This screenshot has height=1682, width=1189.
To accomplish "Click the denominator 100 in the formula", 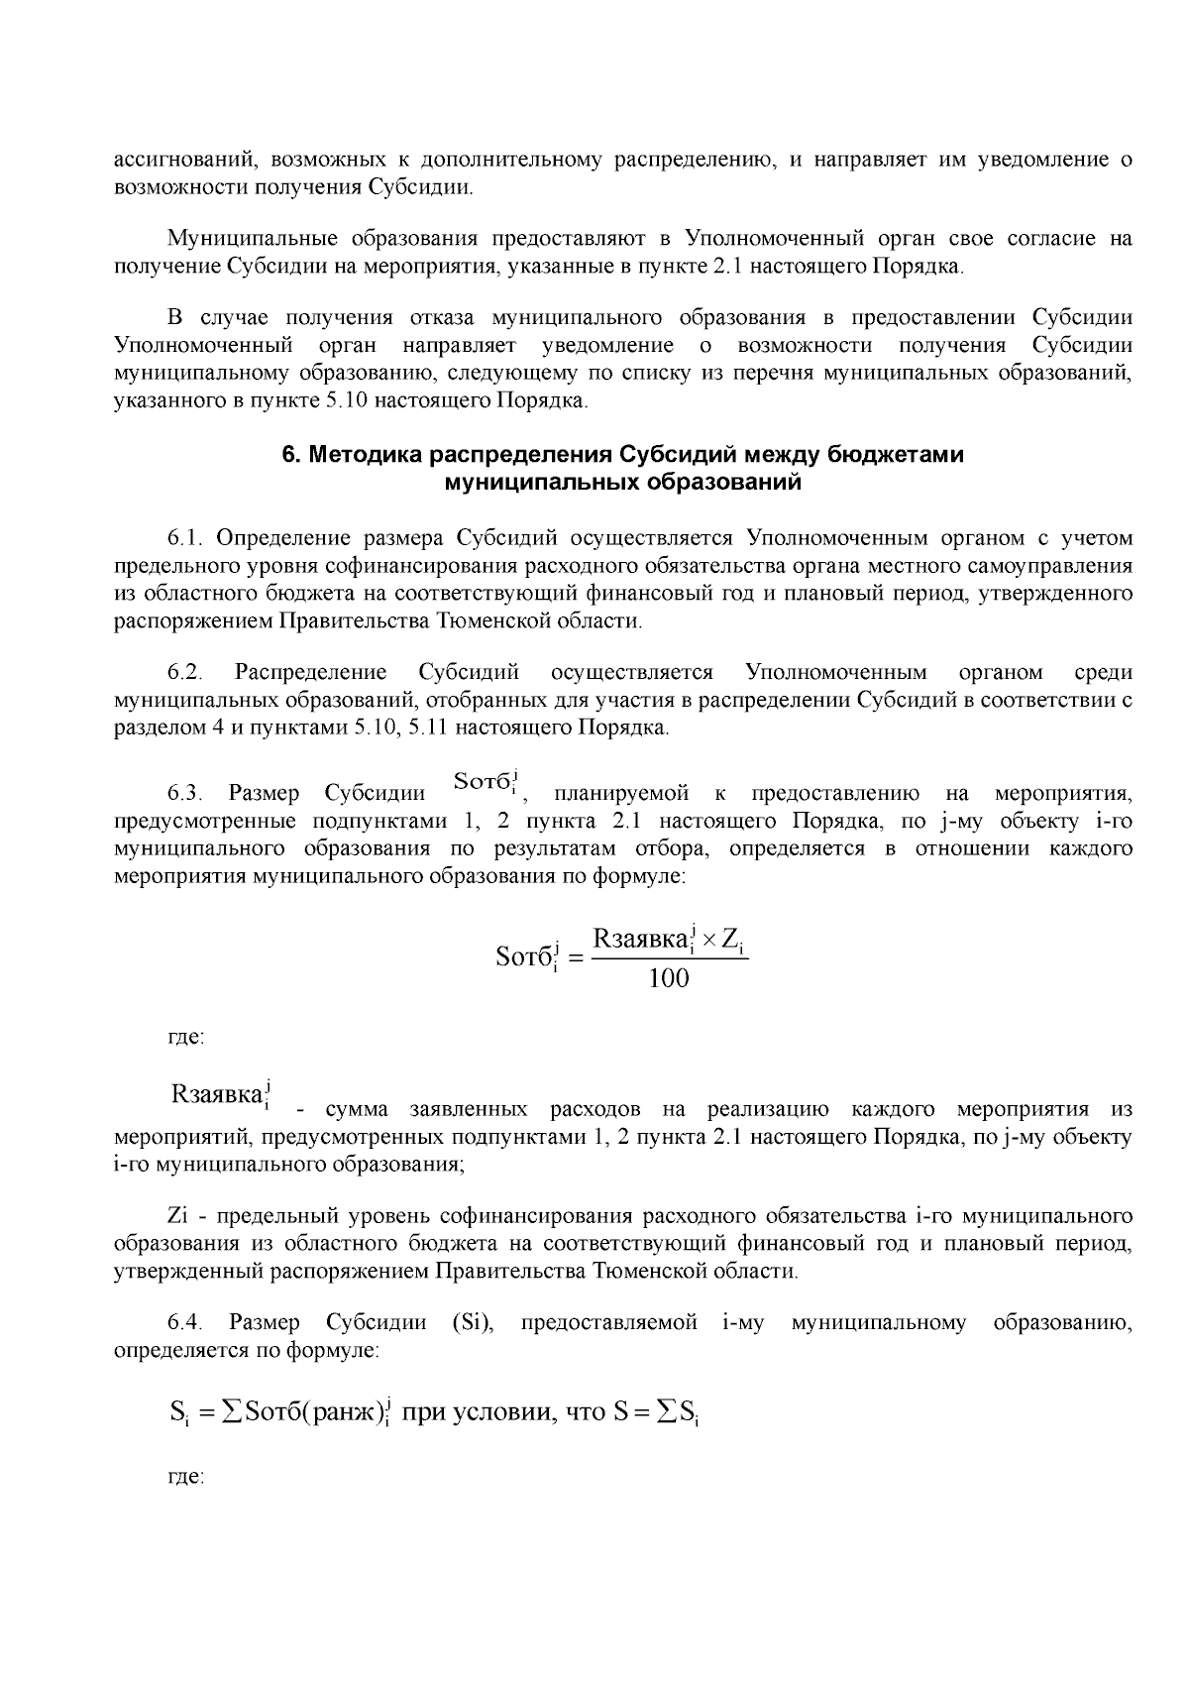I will point(668,979).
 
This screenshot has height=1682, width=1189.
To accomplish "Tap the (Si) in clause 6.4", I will point(472,1322).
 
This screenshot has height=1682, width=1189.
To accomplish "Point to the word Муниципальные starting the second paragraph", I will point(239,239).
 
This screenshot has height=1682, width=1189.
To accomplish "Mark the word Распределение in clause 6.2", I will point(310,673).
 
